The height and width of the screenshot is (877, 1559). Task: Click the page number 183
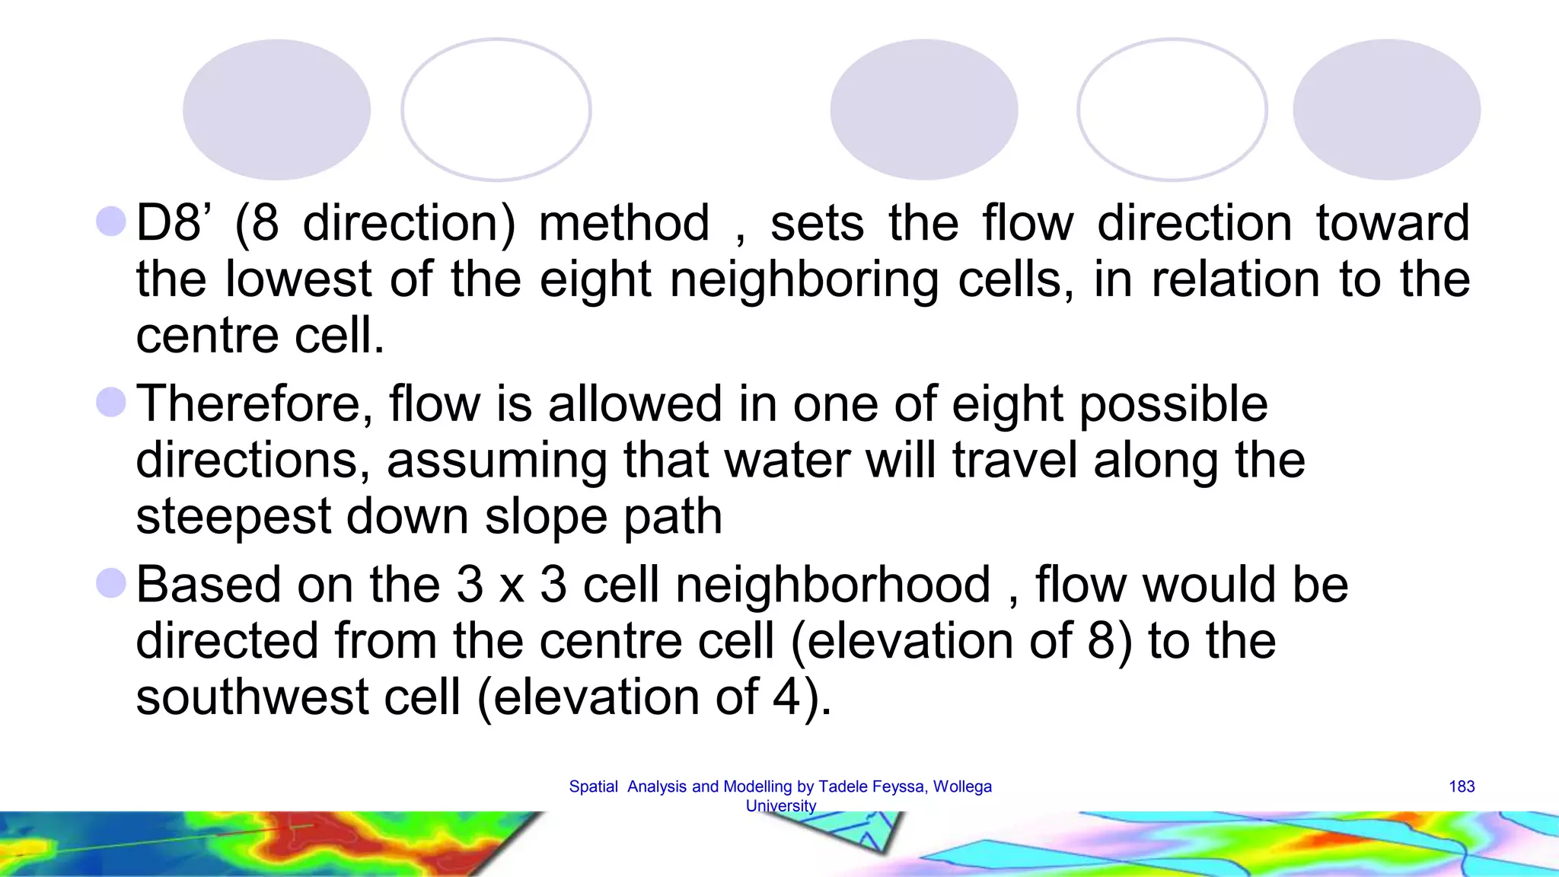coord(1462,786)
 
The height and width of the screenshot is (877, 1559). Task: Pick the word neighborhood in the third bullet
coord(833,585)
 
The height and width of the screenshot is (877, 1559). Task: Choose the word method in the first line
coord(624,223)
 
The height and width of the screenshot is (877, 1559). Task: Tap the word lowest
coord(298,279)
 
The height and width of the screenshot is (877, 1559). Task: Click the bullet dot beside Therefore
coord(111,402)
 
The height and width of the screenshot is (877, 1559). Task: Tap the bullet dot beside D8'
coord(111,221)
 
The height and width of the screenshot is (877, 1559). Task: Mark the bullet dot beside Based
coord(111,583)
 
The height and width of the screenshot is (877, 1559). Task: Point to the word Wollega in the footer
coord(962,786)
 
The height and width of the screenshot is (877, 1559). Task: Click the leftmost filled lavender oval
coord(276,110)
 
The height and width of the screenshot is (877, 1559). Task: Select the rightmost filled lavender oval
coord(1386,110)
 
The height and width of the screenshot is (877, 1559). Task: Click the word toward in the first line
coord(1392,223)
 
